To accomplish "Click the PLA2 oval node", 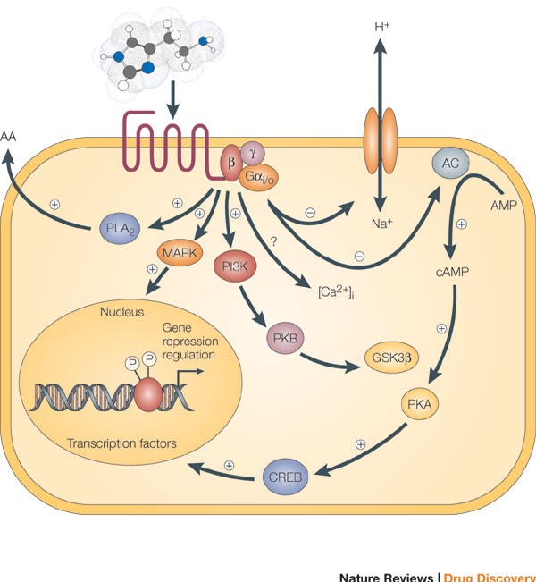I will pyautogui.click(x=116, y=230).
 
